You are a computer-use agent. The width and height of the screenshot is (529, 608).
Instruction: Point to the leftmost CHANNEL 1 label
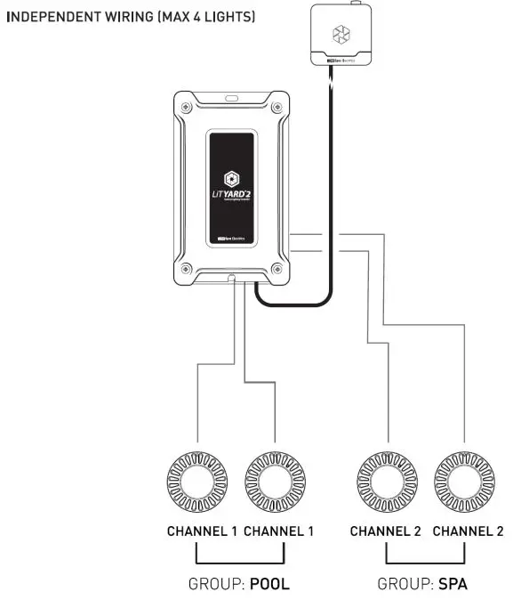click(202, 531)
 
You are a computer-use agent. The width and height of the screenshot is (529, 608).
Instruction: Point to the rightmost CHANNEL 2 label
click(468, 531)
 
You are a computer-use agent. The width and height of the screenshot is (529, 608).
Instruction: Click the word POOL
click(269, 585)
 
